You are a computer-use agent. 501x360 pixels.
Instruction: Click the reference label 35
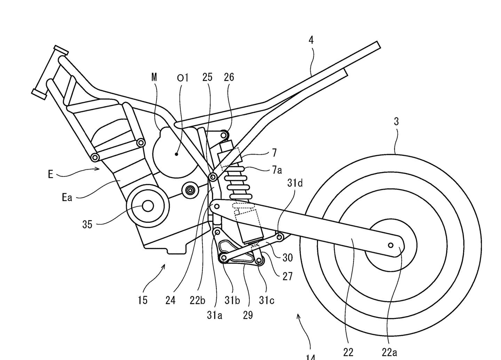[87, 225]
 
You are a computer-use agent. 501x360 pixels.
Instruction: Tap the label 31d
[295, 182]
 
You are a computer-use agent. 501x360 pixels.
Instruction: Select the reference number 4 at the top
[311, 40]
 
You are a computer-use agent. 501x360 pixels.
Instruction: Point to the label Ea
[67, 198]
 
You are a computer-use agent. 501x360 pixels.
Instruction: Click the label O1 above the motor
[182, 78]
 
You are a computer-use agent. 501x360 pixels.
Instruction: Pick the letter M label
[154, 77]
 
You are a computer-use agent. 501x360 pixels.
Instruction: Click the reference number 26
[229, 77]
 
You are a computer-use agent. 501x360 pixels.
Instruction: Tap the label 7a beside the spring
[277, 170]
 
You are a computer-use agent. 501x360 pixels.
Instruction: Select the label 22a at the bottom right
[389, 353]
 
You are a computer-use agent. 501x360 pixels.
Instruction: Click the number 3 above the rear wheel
[396, 122]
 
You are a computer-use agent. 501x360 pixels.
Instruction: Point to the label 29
[248, 315]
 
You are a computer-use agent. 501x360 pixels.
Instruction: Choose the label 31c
[267, 300]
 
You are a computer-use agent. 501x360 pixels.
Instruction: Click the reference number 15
[143, 300]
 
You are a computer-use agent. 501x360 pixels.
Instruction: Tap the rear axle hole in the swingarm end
[390, 245]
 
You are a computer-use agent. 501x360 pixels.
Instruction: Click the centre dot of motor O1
[177, 154]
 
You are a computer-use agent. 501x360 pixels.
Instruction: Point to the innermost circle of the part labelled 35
[148, 206]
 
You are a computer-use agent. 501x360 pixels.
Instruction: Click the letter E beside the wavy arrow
[51, 174]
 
